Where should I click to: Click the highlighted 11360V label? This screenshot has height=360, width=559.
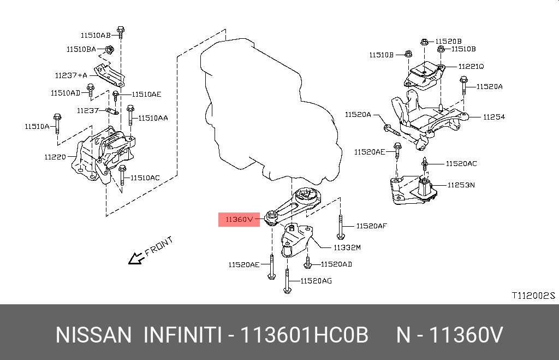point(236,220)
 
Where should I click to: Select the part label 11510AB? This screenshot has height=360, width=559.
point(96,35)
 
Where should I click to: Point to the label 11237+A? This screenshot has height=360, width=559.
point(71,75)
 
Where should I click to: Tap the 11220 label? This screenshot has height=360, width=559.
point(55,157)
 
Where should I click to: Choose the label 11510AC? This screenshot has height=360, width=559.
point(145,178)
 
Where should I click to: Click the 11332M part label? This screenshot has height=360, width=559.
point(347,247)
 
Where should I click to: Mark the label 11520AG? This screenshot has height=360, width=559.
point(316,281)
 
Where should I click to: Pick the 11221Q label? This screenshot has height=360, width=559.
point(471,66)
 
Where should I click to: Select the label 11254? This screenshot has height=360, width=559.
point(493,117)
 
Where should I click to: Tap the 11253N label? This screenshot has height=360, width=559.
point(461,185)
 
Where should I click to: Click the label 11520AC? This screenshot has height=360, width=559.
point(461,163)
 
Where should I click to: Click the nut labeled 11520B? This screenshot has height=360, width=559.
point(424,41)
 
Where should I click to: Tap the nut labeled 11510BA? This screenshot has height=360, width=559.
point(110,50)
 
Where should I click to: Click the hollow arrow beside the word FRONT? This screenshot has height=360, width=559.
point(134,258)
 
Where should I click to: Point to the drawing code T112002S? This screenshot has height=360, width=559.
point(532,296)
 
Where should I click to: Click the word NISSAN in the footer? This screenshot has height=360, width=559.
point(93,335)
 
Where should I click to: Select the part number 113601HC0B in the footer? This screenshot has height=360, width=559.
point(306,335)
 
